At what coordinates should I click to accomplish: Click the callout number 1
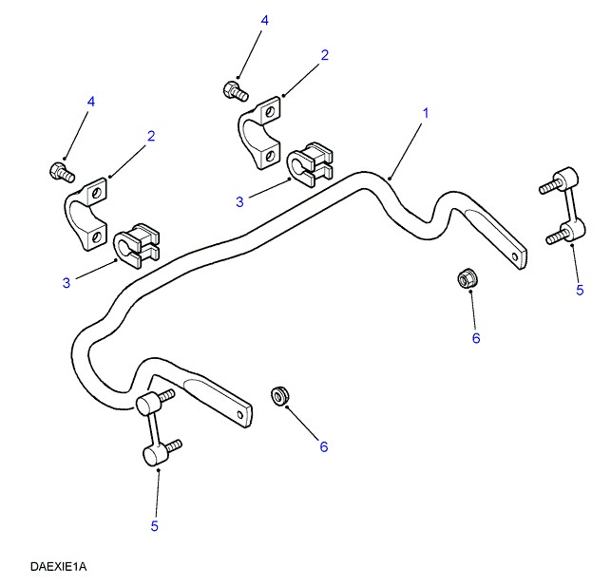coord(426,113)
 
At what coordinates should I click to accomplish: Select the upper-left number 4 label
coord(91,101)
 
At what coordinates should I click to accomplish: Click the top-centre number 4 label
coord(265,20)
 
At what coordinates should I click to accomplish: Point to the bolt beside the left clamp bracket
coord(61,172)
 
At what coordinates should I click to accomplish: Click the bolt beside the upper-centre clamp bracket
coord(234,91)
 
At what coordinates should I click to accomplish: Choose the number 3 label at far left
coord(66,282)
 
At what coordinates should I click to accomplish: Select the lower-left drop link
coord(156,429)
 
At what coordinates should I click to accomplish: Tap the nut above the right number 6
coord(467,278)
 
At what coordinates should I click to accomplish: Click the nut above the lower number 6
coord(280,393)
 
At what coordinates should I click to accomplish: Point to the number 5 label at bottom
coord(154,525)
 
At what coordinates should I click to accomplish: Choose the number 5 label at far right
coord(580,291)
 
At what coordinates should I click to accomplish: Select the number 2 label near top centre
coord(324,55)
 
